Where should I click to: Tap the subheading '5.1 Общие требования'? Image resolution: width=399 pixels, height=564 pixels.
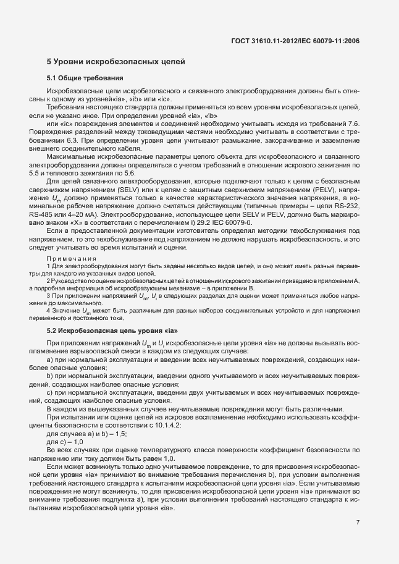tap(86, 78)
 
